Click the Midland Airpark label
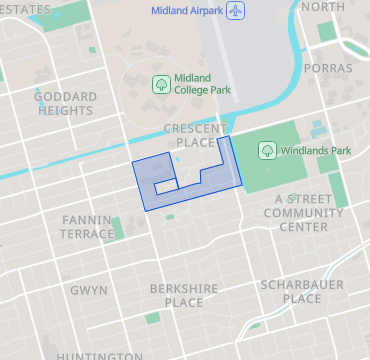click(187, 11)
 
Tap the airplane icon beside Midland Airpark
click(236, 11)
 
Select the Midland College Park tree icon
click(159, 84)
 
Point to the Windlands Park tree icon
click(267, 151)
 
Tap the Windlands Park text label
click(315, 151)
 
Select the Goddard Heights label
click(66, 103)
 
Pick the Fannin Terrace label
click(88, 226)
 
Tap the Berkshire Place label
click(183, 295)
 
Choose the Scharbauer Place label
click(302, 291)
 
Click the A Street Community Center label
click(303, 212)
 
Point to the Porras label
click(330, 68)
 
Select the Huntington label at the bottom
click(99, 355)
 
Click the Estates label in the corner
click(26, 8)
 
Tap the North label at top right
click(322, 7)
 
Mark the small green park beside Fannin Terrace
click(118, 227)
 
